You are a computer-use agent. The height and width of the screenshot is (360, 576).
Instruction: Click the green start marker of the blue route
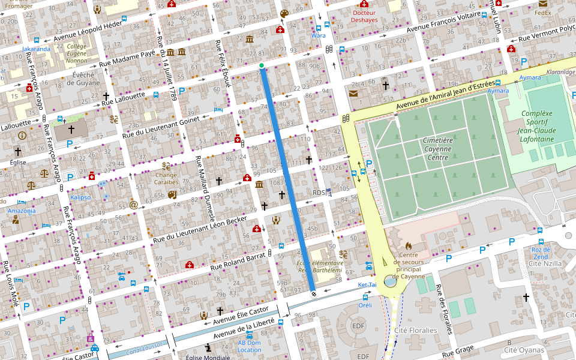coord(262,65)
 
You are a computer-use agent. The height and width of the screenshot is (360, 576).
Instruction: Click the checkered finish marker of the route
coord(313,293)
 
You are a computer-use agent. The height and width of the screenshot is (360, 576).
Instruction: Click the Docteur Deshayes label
coord(365,16)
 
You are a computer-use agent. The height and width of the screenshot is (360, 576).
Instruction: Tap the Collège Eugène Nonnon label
coord(76,53)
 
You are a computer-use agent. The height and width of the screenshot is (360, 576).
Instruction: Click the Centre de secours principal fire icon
coord(409,245)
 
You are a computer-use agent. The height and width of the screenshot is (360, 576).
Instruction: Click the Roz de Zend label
coord(540,253)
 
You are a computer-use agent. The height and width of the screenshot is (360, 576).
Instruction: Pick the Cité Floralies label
coord(416,331)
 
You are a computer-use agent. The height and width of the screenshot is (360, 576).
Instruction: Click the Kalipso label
coord(80,197)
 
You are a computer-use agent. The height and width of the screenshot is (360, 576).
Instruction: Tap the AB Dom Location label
coord(250,346)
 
